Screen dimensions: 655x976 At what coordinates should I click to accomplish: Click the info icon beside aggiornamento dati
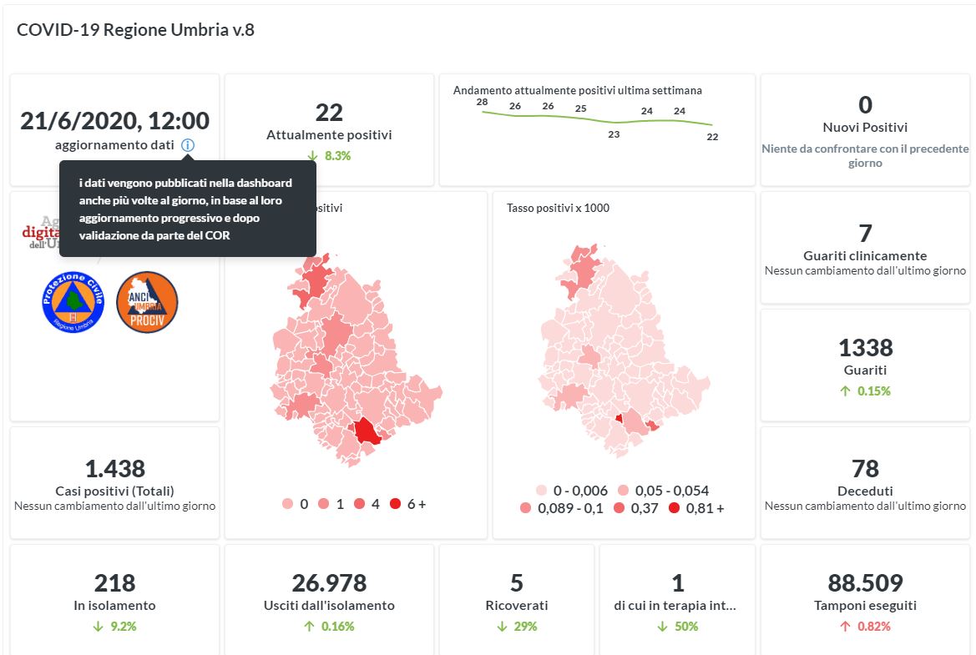point(188,145)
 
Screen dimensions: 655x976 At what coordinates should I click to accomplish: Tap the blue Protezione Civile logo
point(73,301)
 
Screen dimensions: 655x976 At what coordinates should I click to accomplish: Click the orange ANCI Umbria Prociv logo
point(147,301)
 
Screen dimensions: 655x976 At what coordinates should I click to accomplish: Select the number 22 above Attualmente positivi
point(329,113)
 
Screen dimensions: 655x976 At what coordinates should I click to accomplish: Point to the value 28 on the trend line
point(482,102)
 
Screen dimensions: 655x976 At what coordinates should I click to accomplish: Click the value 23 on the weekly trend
point(614,134)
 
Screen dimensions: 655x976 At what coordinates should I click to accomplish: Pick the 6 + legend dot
point(396,504)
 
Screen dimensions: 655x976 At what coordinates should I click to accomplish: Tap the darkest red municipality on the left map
point(366,431)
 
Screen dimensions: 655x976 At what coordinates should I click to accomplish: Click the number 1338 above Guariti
point(865,347)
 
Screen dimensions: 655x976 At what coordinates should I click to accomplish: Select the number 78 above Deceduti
point(865,468)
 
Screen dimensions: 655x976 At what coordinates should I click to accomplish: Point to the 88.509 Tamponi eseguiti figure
point(865,582)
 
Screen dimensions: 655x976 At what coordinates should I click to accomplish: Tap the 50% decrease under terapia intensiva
point(677,626)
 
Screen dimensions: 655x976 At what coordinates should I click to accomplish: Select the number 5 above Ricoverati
point(517,582)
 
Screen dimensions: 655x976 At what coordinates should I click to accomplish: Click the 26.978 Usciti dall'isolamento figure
point(329,582)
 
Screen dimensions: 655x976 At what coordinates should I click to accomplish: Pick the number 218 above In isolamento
point(114,582)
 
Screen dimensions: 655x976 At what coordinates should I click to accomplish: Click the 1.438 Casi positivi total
point(114,468)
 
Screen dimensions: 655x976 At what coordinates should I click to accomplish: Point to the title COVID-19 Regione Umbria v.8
point(135,30)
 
